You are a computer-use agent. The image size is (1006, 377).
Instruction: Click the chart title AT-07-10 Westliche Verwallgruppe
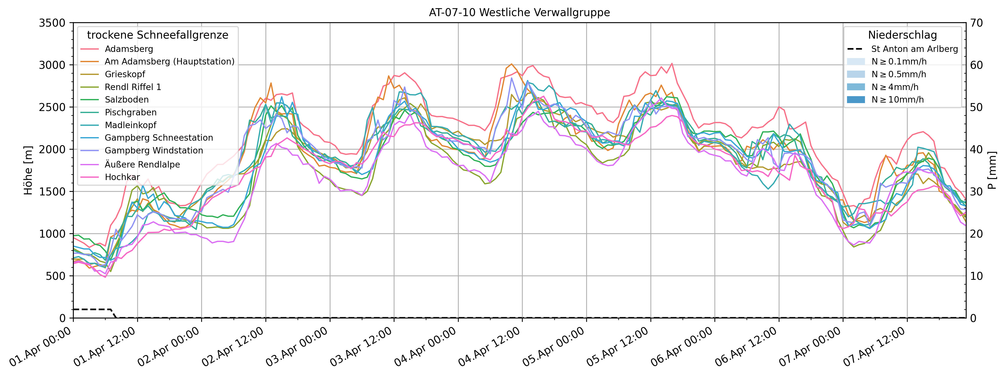pyautogui.click(x=519, y=13)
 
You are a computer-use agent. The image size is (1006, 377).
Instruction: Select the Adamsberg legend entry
pyautogui.click(x=129, y=49)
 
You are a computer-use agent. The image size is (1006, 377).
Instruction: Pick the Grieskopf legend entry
pyautogui.click(x=125, y=74)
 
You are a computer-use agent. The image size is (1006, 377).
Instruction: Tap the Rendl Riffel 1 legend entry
pyautogui.click(x=133, y=87)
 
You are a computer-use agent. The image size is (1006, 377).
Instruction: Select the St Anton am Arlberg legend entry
pyautogui.click(x=914, y=49)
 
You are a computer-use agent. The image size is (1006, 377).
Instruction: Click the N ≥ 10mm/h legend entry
pyautogui.click(x=897, y=99)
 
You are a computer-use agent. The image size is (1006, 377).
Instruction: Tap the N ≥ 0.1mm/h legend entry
pyautogui.click(x=898, y=61)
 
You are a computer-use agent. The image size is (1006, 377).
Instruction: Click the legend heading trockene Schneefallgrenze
pyautogui.click(x=157, y=35)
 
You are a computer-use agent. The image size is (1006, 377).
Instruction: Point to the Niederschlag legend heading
pyautogui.click(x=902, y=35)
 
